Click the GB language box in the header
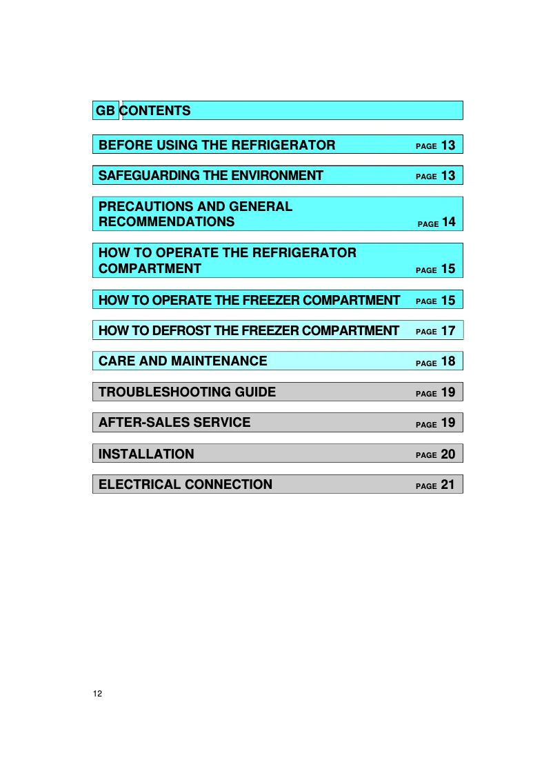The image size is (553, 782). [105, 110]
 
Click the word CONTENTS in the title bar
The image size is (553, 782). [157, 110]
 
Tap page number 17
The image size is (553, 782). [448, 331]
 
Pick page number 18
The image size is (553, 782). [448, 361]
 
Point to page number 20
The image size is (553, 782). [448, 454]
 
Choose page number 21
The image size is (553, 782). [448, 485]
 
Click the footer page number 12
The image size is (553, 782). [97, 693]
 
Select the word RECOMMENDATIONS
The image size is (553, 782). [166, 222]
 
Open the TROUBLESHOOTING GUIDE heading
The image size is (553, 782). [187, 392]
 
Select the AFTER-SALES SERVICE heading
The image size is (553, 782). [174, 422]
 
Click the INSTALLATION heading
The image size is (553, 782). [146, 454]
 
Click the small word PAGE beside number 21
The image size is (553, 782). [426, 486]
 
